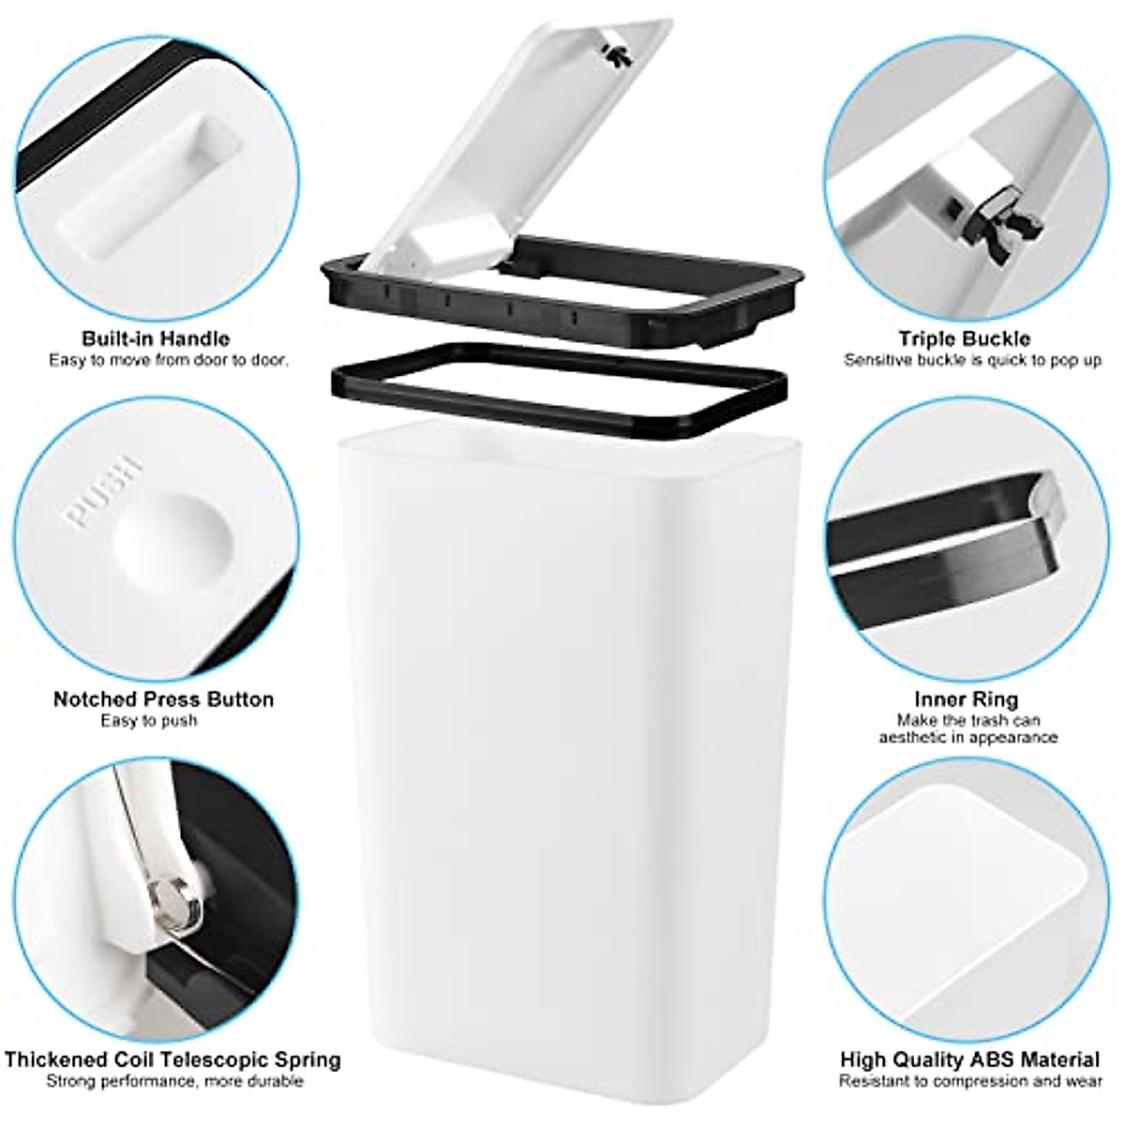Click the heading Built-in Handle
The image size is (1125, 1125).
click(x=155, y=338)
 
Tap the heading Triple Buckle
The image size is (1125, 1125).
click(x=964, y=338)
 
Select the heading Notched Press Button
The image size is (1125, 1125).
click(x=163, y=699)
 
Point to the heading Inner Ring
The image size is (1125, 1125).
click(x=966, y=699)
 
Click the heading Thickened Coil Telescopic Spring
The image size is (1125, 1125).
click(x=172, y=1061)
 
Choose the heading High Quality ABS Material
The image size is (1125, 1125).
click(x=969, y=1061)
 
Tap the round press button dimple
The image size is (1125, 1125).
click(x=173, y=544)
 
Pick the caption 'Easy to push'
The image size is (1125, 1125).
click(x=149, y=721)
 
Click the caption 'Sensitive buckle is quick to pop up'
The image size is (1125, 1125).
click(x=972, y=360)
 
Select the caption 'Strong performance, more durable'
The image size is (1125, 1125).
click(x=175, y=1082)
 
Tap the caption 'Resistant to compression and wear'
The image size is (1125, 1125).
click(x=969, y=1082)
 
